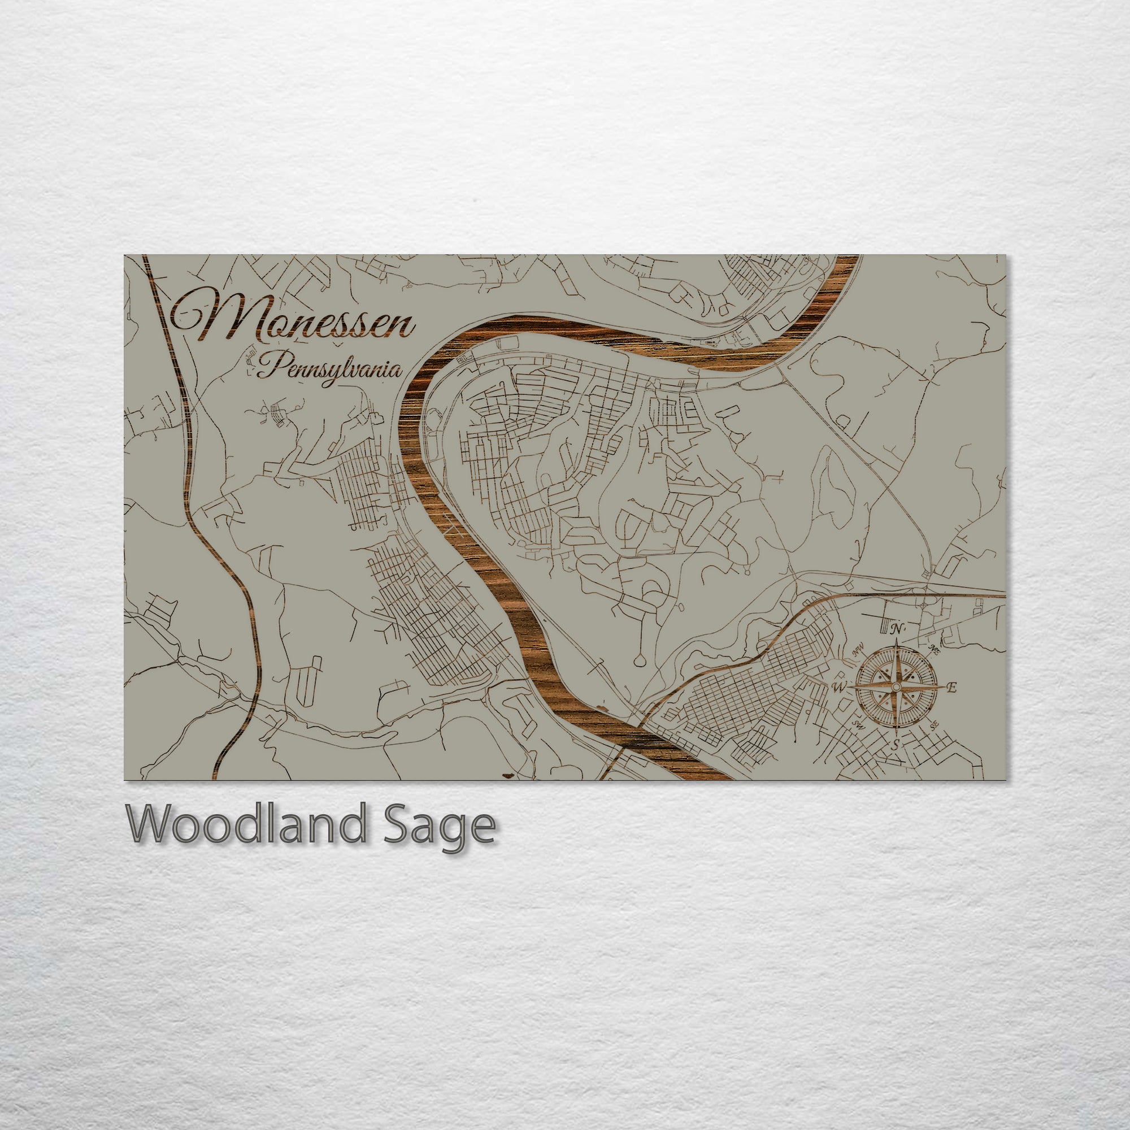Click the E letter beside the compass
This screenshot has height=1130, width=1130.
click(x=951, y=688)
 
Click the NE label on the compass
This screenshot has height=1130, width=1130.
click(x=934, y=650)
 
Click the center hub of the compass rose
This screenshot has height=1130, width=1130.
click(x=896, y=686)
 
